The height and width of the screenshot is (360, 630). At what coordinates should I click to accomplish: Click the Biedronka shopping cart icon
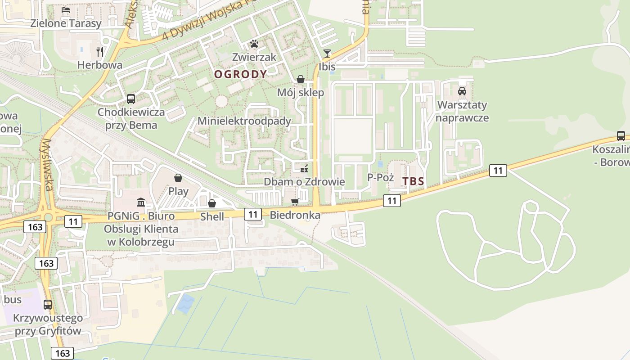coord(295,202)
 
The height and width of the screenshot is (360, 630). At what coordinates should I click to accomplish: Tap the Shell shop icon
coord(212,203)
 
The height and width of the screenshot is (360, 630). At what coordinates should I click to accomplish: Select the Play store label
coord(178,191)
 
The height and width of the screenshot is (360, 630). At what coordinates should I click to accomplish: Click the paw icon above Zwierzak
coord(254,44)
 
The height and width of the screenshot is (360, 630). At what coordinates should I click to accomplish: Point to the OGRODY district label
coord(240,74)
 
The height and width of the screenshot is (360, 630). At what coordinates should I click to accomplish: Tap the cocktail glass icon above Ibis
coord(327,54)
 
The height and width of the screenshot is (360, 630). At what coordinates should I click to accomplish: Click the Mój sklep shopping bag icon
coord(301,80)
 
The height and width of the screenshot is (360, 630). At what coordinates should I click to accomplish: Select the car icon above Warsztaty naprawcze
coord(462,91)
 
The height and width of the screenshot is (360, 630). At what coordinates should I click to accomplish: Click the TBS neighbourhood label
coord(413,181)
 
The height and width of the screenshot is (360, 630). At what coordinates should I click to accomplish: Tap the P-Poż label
coord(380,177)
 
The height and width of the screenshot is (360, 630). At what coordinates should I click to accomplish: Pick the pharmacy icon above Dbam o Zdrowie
coord(305,169)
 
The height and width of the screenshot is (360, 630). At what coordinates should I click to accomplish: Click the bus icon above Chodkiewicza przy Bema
coord(131,99)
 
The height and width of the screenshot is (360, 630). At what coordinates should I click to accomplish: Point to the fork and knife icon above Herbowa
coord(100,52)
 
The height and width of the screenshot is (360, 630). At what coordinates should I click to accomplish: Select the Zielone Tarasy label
coord(66,23)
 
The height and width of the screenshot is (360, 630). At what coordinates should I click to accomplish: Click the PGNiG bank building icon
coord(141,202)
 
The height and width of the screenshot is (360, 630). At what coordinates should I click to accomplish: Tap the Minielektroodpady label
coord(244,121)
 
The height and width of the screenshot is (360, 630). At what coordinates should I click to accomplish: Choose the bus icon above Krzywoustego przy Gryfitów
coord(48,304)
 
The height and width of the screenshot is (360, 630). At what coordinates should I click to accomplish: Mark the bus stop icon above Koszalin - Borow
coord(621,135)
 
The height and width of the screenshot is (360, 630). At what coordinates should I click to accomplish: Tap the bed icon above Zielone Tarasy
coord(66,9)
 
